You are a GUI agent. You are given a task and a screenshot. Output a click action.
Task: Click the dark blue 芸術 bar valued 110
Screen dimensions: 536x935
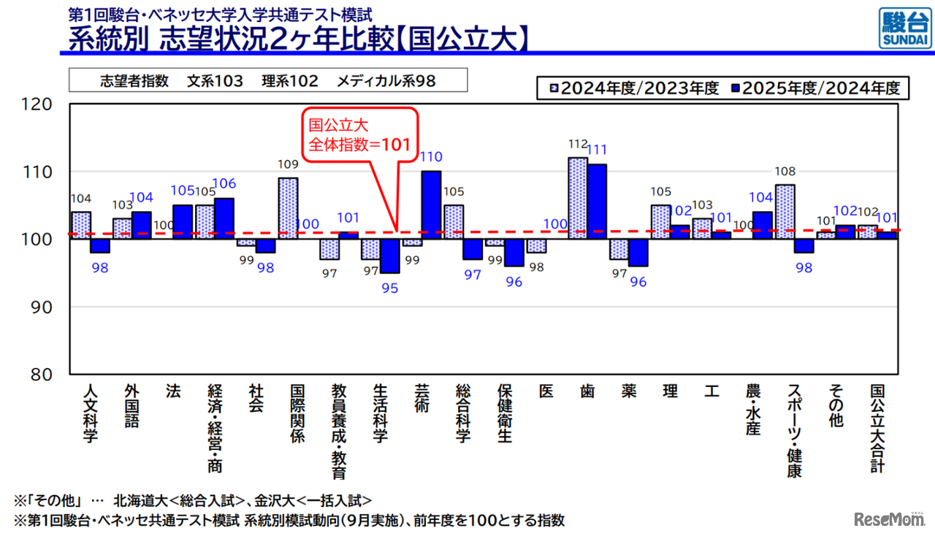[x=431, y=205]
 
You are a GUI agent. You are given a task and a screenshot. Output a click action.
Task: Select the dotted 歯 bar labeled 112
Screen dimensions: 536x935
[x=578, y=198]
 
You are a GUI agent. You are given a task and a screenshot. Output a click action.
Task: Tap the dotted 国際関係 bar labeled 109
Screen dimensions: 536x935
[x=288, y=209]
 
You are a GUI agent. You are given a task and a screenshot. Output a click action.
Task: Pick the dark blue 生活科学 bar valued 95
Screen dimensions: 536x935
[x=390, y=256]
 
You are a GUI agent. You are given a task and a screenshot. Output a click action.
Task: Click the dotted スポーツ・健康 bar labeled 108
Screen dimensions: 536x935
[x=785, y=212]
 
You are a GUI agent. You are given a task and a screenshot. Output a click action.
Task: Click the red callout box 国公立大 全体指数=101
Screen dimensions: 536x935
[x=360, y=134]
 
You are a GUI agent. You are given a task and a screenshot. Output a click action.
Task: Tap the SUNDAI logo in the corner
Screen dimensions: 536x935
[x=904, y=28]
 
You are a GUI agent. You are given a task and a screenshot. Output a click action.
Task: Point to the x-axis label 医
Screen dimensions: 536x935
[x=546, y=391]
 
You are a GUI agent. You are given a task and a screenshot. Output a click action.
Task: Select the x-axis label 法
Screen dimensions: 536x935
[x=173, y=391]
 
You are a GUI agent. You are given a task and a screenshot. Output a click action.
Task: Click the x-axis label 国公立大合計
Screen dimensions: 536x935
[x=877, y=428]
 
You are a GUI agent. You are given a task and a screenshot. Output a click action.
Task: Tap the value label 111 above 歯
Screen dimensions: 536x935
[x=596, y=150]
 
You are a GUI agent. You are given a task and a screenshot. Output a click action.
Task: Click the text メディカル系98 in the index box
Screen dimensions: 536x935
[x=386, y=81]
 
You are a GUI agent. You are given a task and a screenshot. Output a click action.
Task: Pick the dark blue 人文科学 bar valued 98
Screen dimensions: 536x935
[x=100, y=246]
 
